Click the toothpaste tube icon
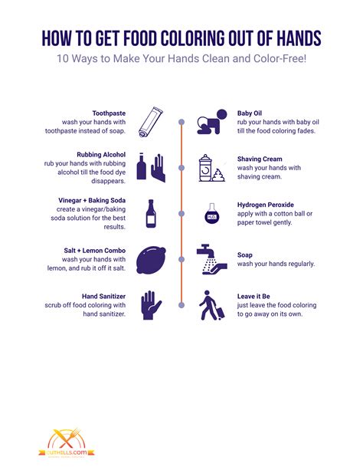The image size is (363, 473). (150, 120)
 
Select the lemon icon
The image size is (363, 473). (150, 260)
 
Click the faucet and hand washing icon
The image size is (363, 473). (211, 259)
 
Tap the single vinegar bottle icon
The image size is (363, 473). (150, 213)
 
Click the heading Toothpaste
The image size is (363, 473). (110, 113)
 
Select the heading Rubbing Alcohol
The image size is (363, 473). (102, 154)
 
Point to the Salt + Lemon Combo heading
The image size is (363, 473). (96, 251)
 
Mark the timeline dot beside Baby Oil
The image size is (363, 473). (181, 122)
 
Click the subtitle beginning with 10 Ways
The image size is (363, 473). (181, 61)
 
